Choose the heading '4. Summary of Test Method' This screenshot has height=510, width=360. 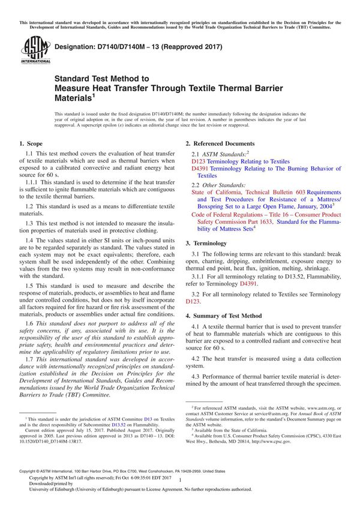click(224, 299)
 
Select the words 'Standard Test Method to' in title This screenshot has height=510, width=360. click(101, 78)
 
